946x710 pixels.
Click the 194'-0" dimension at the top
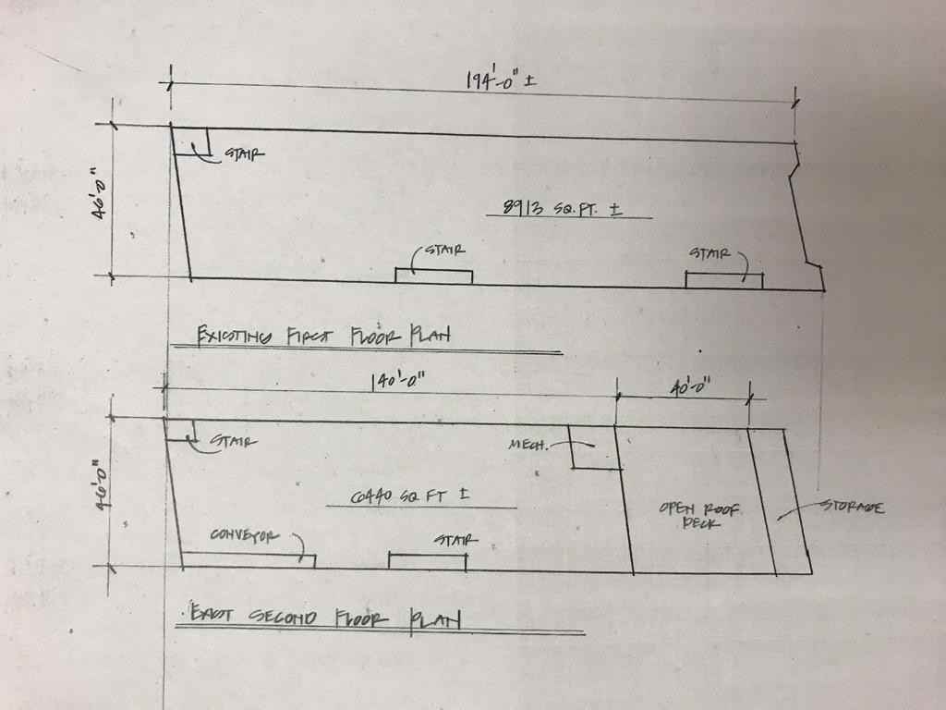point(500,80)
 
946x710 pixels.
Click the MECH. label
point(528,445)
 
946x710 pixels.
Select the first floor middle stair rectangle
point(433,275)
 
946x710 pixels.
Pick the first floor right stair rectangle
point(723,280)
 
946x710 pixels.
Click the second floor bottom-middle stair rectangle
point(427,561)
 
